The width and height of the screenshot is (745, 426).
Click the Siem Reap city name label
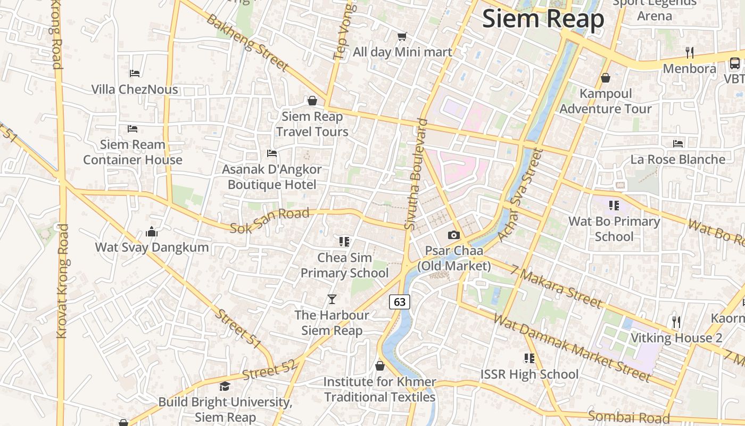click(543, 19)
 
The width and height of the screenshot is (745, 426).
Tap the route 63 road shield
click(400, 302)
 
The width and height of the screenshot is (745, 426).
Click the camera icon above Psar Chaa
click(453, 235)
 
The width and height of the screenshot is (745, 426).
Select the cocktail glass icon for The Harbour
click(332, 299)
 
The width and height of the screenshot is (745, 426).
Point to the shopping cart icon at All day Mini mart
click(402, 36)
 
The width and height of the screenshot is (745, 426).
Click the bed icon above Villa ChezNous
click(135, 73)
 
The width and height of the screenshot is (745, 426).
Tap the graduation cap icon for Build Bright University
click(225, 386)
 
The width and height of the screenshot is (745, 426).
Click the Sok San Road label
click(269, 220)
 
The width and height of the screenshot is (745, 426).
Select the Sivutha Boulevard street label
click(417, 174)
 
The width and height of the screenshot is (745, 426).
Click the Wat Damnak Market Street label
click(572, 348)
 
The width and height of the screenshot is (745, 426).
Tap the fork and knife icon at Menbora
click(690, 52)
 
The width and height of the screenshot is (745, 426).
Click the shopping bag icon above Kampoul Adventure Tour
click(605, 78)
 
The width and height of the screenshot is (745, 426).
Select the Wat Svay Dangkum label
click(152, 247)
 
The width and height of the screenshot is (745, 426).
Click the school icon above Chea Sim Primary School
click(344, 242)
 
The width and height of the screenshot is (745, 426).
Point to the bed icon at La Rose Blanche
click(678, 143)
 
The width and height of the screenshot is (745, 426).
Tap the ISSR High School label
click(529, 374)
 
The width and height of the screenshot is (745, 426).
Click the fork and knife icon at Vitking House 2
click(676, 322)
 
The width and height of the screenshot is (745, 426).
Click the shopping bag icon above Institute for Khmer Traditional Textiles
click(380, 366)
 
